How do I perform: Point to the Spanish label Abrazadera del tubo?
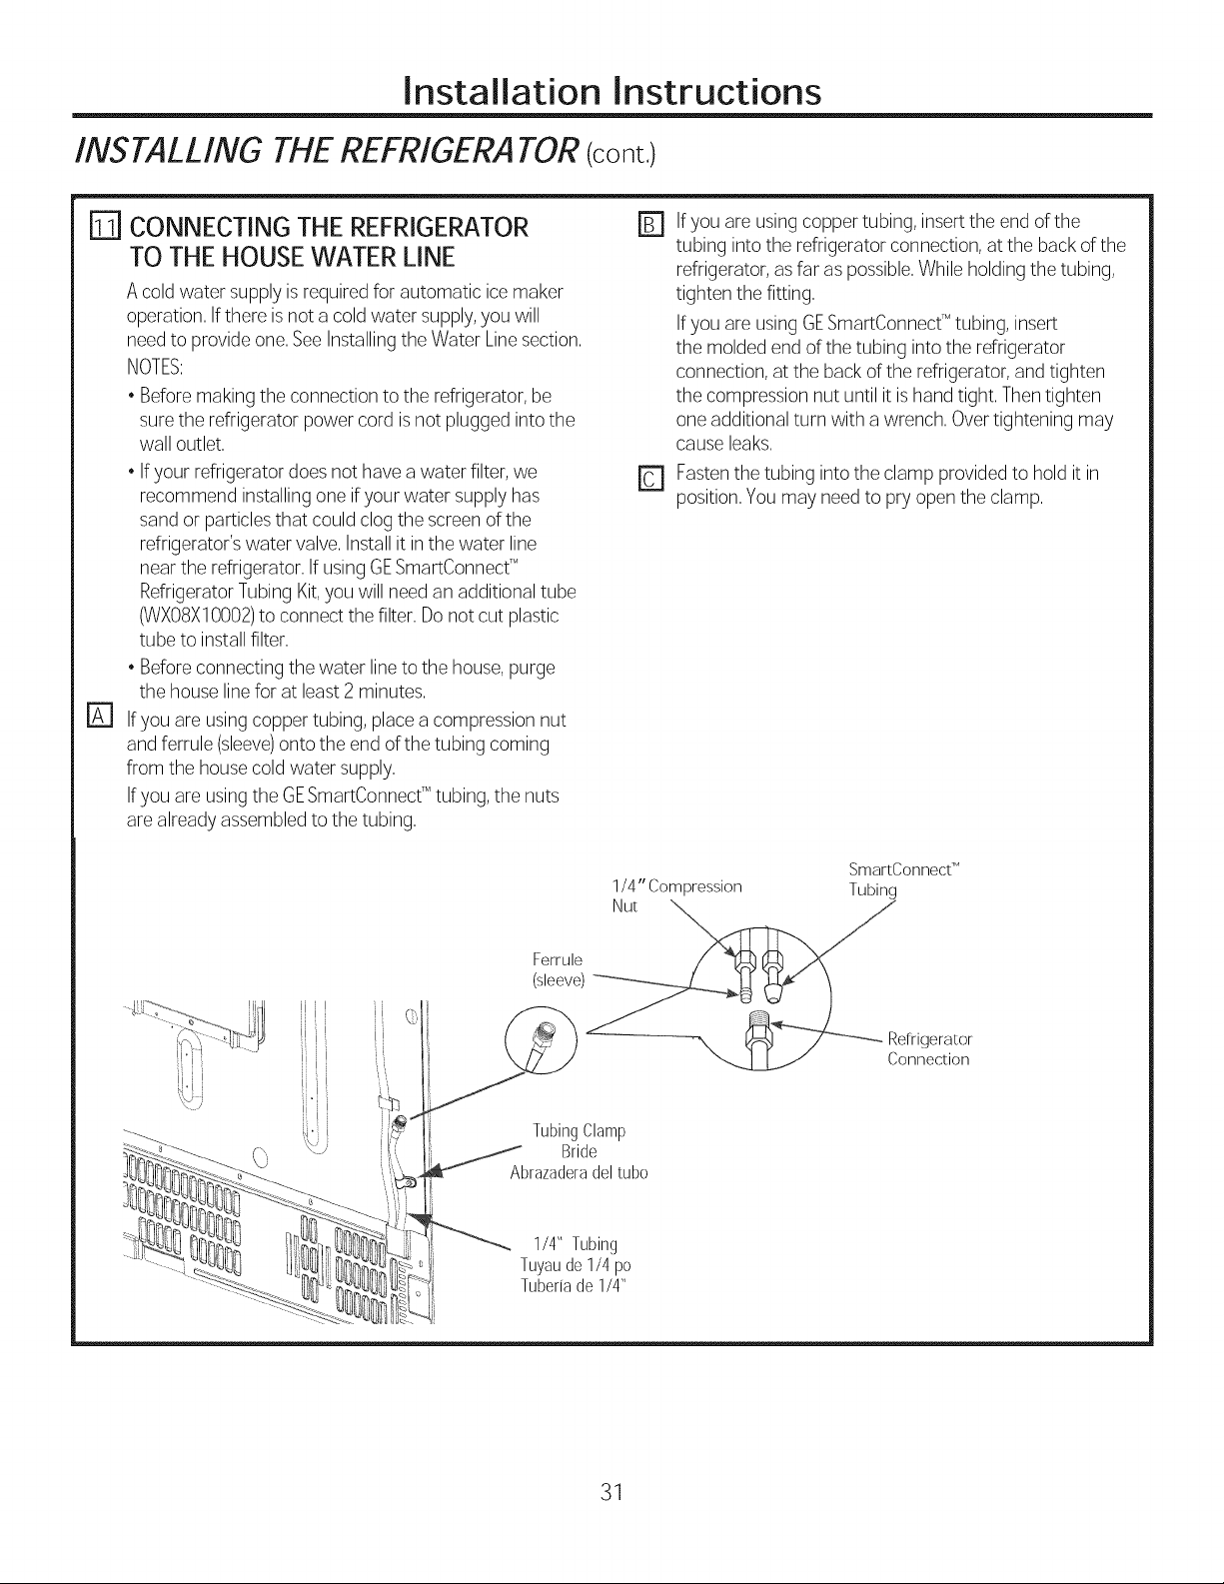(579, 1172)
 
